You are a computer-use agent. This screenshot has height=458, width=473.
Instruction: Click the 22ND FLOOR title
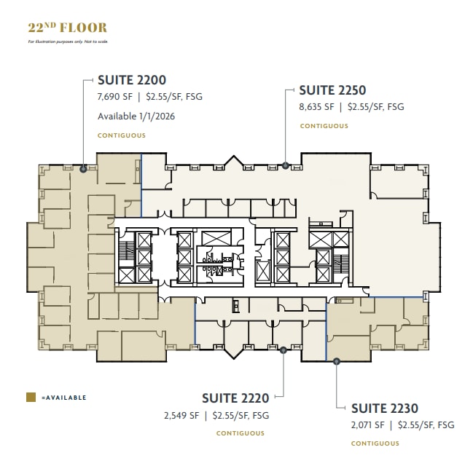(67, 28)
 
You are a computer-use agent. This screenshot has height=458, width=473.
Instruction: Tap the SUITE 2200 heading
(132, 81)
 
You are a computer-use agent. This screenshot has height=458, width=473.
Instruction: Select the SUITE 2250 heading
(332, 90)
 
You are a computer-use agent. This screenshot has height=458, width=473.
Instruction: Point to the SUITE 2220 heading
(235, 398)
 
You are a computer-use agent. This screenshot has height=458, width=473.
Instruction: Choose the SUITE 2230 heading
(385, 408)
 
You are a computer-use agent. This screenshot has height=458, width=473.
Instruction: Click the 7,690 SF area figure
(114, 96)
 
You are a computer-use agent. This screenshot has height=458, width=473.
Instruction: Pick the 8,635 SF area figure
(316, 106)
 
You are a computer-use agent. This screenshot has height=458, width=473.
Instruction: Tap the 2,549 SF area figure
(182, 416)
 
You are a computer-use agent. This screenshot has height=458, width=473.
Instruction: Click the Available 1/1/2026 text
(136, 116)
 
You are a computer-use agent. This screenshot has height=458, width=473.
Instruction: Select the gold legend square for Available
(31, 398)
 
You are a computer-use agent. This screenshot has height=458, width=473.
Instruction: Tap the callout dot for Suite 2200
(84, 169)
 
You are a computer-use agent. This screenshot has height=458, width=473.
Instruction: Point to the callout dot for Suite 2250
(286, 165)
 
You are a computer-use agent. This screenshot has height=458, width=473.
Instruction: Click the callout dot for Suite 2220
(283, 350)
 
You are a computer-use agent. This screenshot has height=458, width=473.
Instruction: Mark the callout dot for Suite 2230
(336, 360)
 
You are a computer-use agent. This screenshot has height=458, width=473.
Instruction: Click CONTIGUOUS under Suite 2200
(121, 135)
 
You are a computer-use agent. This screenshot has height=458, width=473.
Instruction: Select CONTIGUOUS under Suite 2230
(375, 443)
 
